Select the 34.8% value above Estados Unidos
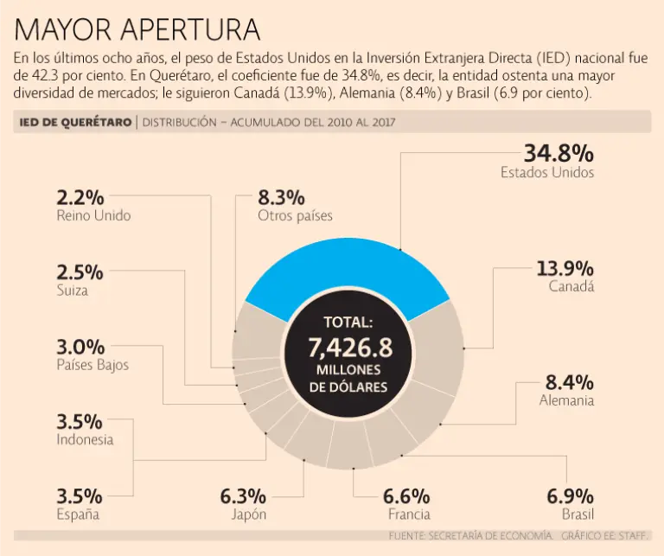click(x=559, y=153)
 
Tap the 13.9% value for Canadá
click(x=565, y=267)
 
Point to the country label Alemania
click(x=566, y=400)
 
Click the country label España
click(x=78, y=515)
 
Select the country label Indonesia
click(x=85, y=439)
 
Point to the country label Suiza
click(x=72, y=291)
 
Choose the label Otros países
click(x=295, y=215)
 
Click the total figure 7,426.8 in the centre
click(x=349, y=348)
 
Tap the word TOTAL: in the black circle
click(x=348, y=323)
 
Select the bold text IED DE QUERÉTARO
click(x=76, y=122)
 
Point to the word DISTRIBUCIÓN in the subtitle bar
click(x=179, y=122)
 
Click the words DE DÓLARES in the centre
click(x=348, y=387)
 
